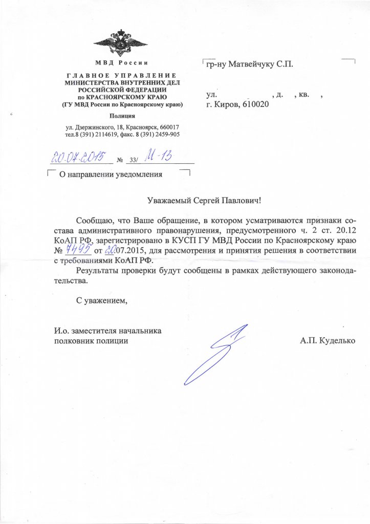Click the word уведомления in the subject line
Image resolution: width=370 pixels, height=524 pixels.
point(137,174)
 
